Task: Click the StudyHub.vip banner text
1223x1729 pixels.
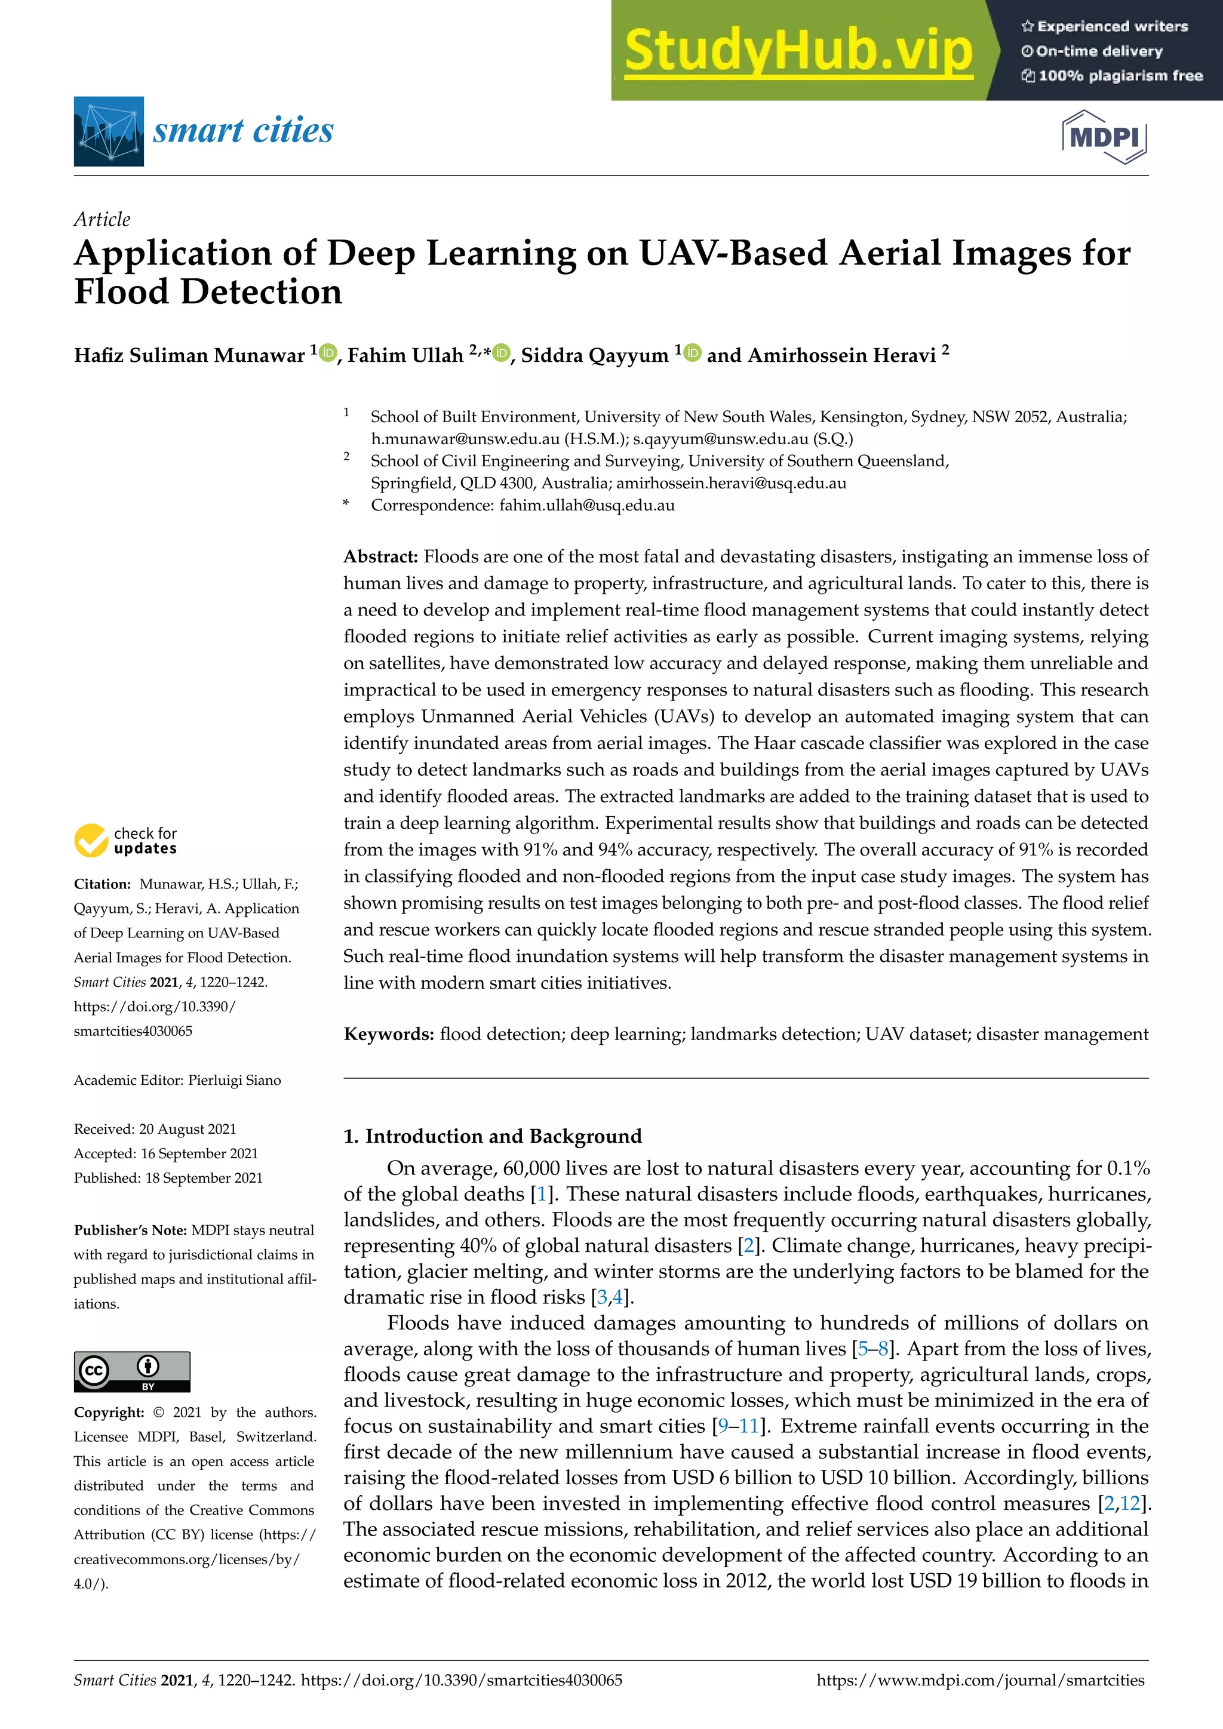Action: (x=798, y=51)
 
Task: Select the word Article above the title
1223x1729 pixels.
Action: (x=102, y=219)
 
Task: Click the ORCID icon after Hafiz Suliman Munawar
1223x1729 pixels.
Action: (x=328, y=352)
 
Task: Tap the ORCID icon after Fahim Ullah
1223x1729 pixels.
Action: (x=502, y=352)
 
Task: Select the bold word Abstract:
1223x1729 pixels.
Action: (x=380, y=556)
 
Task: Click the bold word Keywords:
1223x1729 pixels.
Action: (x=389, y=1034)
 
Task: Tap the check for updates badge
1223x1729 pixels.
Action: (x=126, y=841)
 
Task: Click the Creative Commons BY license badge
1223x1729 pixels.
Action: (x=132, y=1371)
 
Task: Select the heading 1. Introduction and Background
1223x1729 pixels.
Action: (x=493, y=1136)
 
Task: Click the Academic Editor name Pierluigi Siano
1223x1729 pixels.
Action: (x=234, y=1080)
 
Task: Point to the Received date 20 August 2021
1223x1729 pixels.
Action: (x=188, y=1129)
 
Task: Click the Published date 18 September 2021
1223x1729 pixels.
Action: (x=203, y=1178)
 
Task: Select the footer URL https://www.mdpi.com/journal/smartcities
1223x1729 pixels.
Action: (x=980, y=1680)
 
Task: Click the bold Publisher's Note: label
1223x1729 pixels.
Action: (x=130, y=1230)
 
